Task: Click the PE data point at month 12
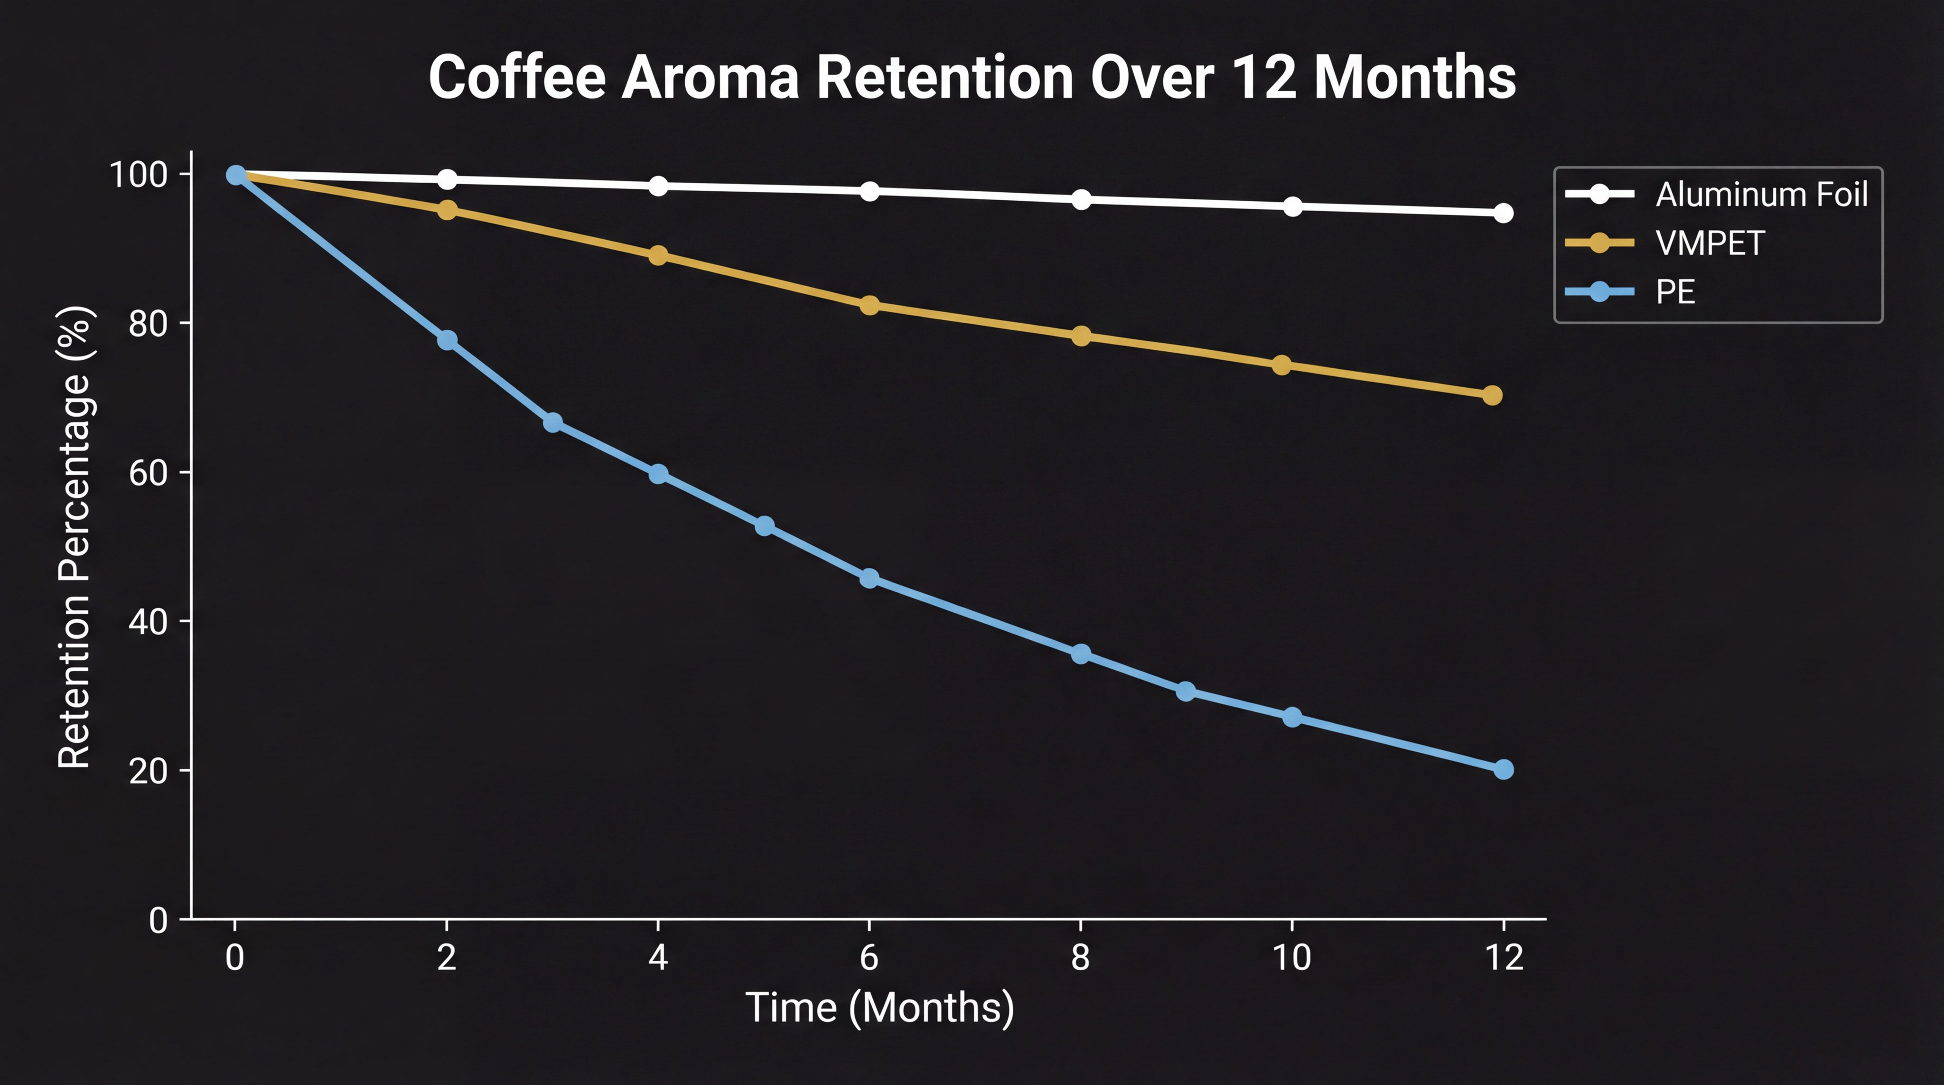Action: pos(1503,769)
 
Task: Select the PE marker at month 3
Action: pos(552,422)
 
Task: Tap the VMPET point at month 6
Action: pos(869,305)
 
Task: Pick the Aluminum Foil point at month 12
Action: pos(1503,213)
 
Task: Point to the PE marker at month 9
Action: pos(1186,691)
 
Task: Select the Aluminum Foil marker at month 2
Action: pos(447,179)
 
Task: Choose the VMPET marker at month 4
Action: pos(658,255)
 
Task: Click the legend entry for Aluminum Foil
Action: pos(1761,195)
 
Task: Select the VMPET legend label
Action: pos(1709,243)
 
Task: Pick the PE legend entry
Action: pos(1675,292)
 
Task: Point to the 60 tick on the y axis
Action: pos(148,472)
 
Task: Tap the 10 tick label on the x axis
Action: pos(1291,957)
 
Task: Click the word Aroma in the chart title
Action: pos(710,78)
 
